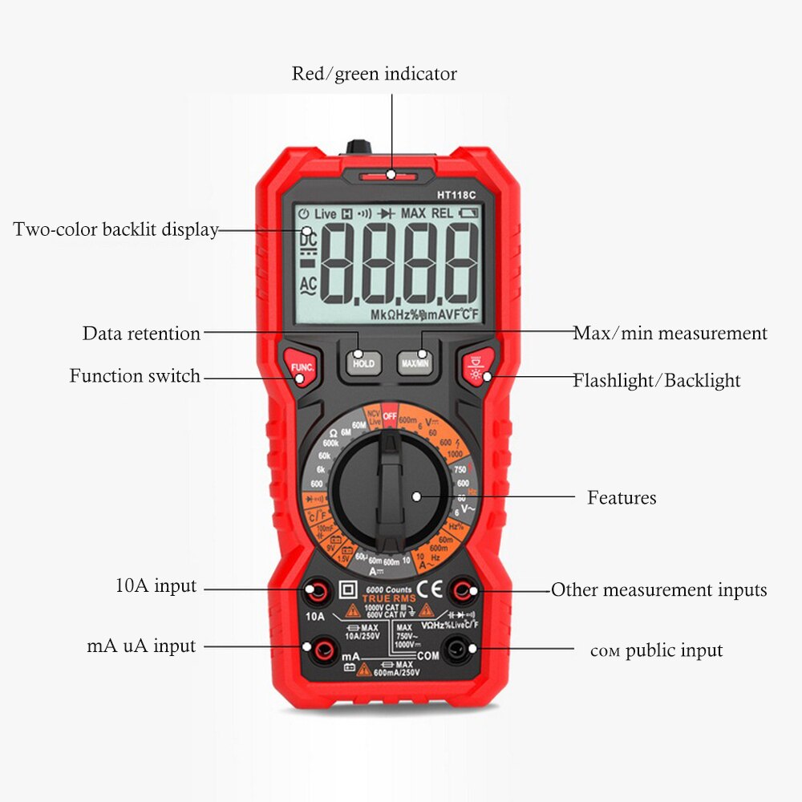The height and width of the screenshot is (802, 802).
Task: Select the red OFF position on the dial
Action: point(390,415)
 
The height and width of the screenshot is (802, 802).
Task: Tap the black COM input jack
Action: point(456,648)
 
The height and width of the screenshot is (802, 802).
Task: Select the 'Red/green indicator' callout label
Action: point(374,74)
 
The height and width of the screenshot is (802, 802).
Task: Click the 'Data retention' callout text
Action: point(141,334)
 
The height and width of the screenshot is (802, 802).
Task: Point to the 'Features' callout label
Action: point(622,497)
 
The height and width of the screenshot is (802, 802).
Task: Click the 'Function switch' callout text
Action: point(135,375)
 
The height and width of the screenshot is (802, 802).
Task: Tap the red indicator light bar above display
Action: point(389,175)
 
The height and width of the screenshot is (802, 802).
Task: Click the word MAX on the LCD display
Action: point(413,214)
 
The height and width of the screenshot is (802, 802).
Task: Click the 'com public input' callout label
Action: point(656,650)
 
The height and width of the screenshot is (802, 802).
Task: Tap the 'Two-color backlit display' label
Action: point(115,229)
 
